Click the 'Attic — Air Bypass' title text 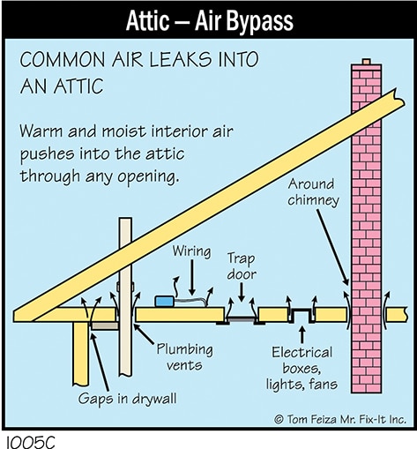click(210, 21)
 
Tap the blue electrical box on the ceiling click(165, 302)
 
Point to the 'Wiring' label click(191, 251)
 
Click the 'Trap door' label click(242, 266)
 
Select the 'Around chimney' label click(313, 192)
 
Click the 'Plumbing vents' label click(184, 356)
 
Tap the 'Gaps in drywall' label click(127, 399)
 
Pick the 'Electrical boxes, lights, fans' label click(302, 369)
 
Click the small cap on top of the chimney click(366, 62)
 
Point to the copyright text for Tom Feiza click(340, 419)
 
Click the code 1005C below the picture click(30, 442)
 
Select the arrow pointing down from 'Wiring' click(192, 278)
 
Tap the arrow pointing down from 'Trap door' click(242, 292)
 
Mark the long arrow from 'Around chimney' click(332, 247)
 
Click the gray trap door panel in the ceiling click(241, 319)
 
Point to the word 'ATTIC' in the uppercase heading click(78, 86)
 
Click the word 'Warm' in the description click(41, 131)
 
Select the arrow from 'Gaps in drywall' click(100, 362)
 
